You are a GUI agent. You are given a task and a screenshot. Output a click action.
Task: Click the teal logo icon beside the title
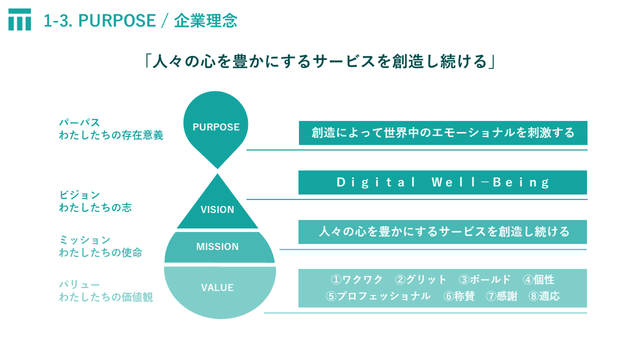pos(20,20)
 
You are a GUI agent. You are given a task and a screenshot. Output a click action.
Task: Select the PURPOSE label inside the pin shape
pos(216,127)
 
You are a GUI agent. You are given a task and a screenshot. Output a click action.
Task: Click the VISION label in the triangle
pos(217,210)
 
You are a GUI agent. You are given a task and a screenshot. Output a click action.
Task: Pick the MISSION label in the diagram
pos(217,247)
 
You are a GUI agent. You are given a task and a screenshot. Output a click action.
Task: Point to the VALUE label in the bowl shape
pos(217,288)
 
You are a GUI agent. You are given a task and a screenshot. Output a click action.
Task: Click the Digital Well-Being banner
pos(443,183)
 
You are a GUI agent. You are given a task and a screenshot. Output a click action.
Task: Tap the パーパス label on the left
pos(80,122)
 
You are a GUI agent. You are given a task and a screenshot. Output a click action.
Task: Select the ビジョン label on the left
pos(80,195)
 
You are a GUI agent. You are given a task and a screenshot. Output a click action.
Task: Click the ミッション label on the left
pos(84,240)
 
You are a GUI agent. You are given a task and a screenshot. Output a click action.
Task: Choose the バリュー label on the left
pos(80,284)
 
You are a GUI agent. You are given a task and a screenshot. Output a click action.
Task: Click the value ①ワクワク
pos(357,280)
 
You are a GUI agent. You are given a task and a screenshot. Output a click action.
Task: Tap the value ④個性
pos(539,280)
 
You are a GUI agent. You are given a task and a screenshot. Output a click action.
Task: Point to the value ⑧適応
pos(544,296)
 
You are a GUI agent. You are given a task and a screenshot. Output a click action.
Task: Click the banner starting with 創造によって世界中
pos(443,133)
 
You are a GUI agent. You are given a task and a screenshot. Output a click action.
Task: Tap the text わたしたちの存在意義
pos(111,135)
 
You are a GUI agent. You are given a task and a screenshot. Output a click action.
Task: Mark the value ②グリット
pos(420,280)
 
